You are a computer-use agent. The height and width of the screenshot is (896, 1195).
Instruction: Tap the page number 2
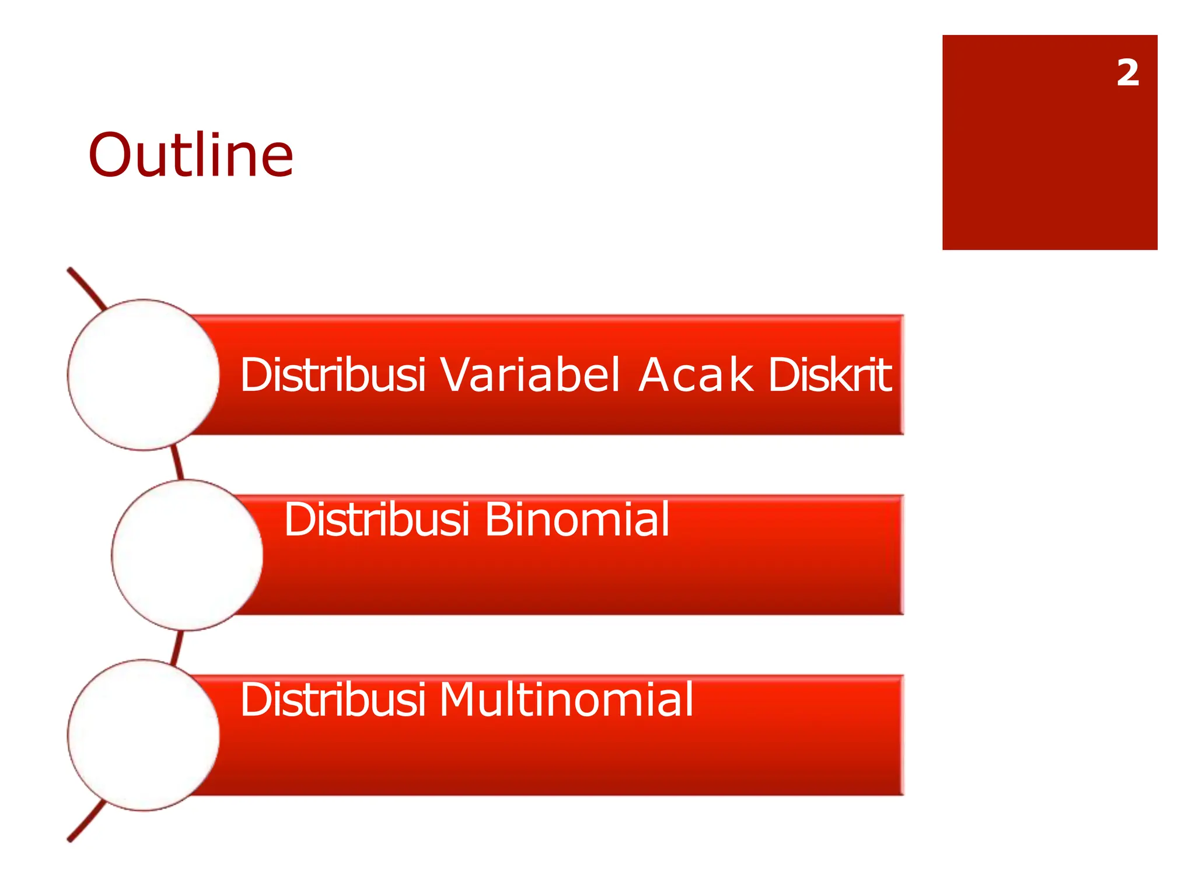coord(1127,73)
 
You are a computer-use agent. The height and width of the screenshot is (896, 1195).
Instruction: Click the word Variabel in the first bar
coord(529,374)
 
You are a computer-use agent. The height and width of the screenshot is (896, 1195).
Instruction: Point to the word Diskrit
coord(829,374)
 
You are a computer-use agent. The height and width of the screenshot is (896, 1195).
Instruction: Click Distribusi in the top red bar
coord(333,374)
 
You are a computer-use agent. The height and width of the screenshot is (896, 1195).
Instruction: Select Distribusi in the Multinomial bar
coord(333,699)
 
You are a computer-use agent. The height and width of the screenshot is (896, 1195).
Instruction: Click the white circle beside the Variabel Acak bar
coord(143,375)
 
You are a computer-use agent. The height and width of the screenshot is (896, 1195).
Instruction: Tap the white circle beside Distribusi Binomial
coord(187,555)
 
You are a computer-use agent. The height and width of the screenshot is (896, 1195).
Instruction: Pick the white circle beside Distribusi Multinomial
coord(143,735)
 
